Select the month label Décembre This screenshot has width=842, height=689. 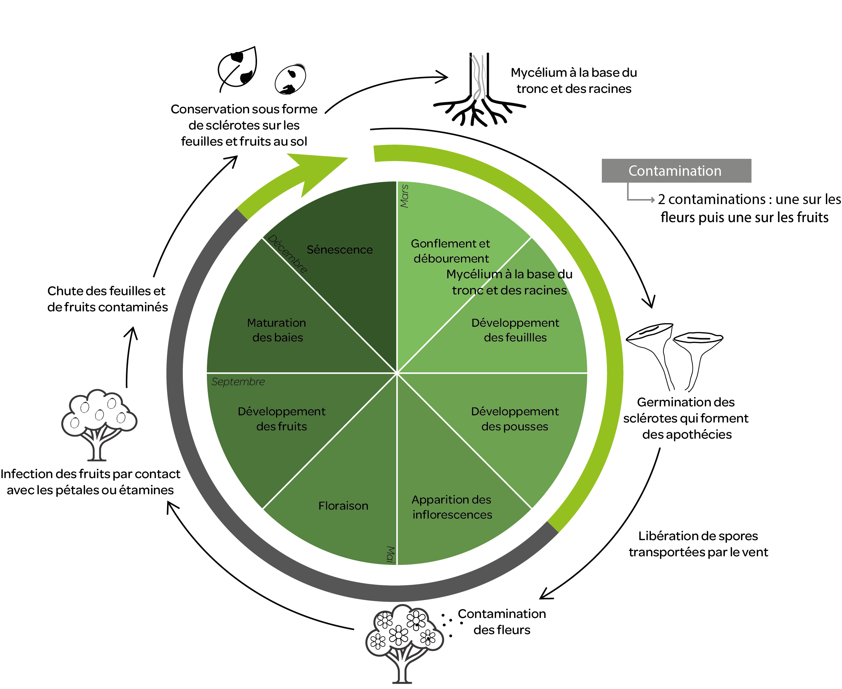click(287, 254)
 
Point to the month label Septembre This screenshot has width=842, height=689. click(238, 382)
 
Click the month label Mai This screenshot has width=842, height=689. click(391, 554)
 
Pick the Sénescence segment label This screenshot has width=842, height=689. click(339, 250)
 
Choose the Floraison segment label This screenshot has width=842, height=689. click(343, 506)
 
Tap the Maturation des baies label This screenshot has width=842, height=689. click(277, 330)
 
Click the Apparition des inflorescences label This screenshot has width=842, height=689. click(452, 507)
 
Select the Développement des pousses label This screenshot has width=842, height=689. click(515, 419)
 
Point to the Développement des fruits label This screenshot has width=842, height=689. click(282, 419)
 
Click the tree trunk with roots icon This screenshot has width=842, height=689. click(479, 91)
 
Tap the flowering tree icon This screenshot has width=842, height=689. click(404, 639)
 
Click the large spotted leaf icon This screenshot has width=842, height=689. click(238, 68)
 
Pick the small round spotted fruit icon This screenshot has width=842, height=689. click(290, 79)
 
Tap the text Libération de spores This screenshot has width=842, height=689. click(698, 536)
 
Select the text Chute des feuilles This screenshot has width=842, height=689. click(106, 291)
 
